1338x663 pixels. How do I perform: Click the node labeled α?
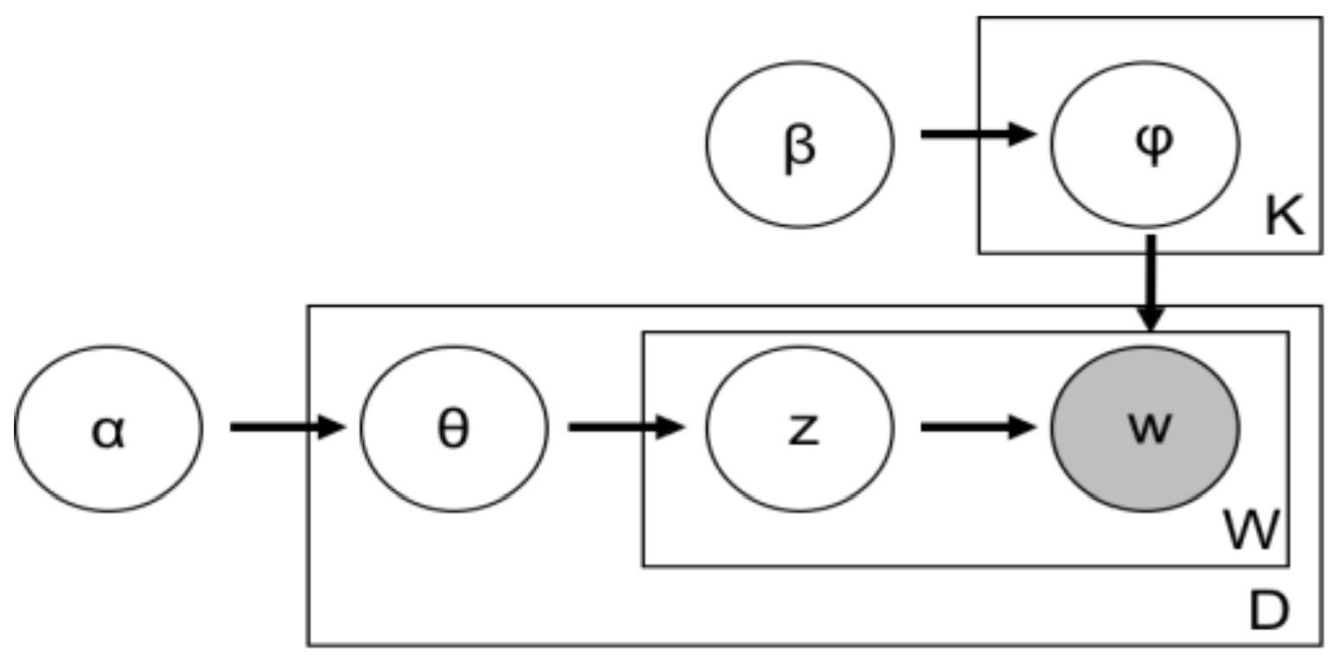(x=108, y=428)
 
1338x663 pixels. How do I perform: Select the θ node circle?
(x=454, y=428)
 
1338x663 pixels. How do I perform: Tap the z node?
(x=800, y=428)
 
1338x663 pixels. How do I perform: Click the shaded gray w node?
(x=1145, y=428)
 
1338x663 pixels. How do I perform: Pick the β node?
(x=800, y=145)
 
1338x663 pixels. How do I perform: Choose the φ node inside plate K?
(x=1145, y=145)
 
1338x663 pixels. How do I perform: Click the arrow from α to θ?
(x=285, y=427)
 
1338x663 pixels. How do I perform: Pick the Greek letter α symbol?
(x=108, y=431)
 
